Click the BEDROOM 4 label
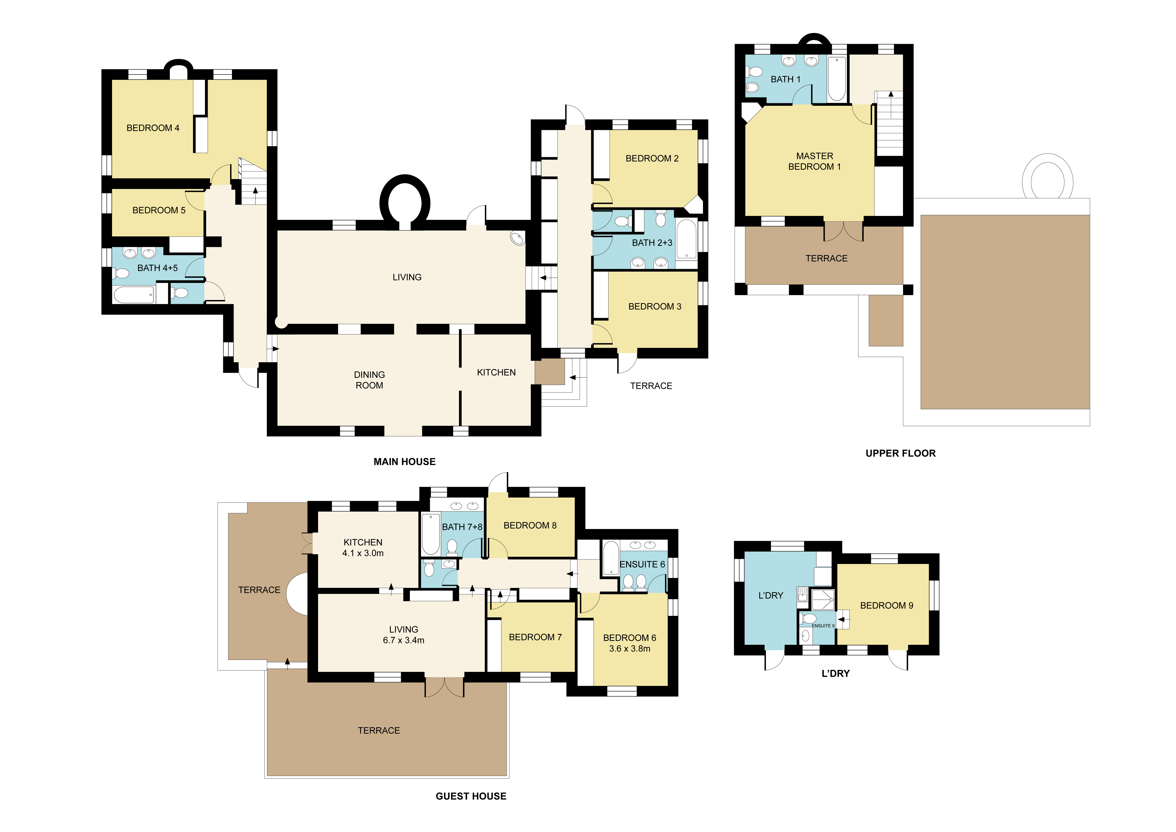pyautogui.click(x=153, y=128)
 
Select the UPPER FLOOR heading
pyautogui.click(x=900, y=453)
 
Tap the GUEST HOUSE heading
pyautogui.click(x=471, y=796)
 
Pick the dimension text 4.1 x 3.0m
pyautogui.click(x=363, y=553)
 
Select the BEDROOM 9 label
pyautogui.click(x=886, y=606)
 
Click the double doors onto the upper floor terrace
pyautogui.click(x=843, y=232)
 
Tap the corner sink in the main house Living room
pyautogui.click(x=517, y=238)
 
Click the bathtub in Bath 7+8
pyautogui.click(x=430, y=534)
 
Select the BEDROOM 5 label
pyautogui.click(x=159, y=211)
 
